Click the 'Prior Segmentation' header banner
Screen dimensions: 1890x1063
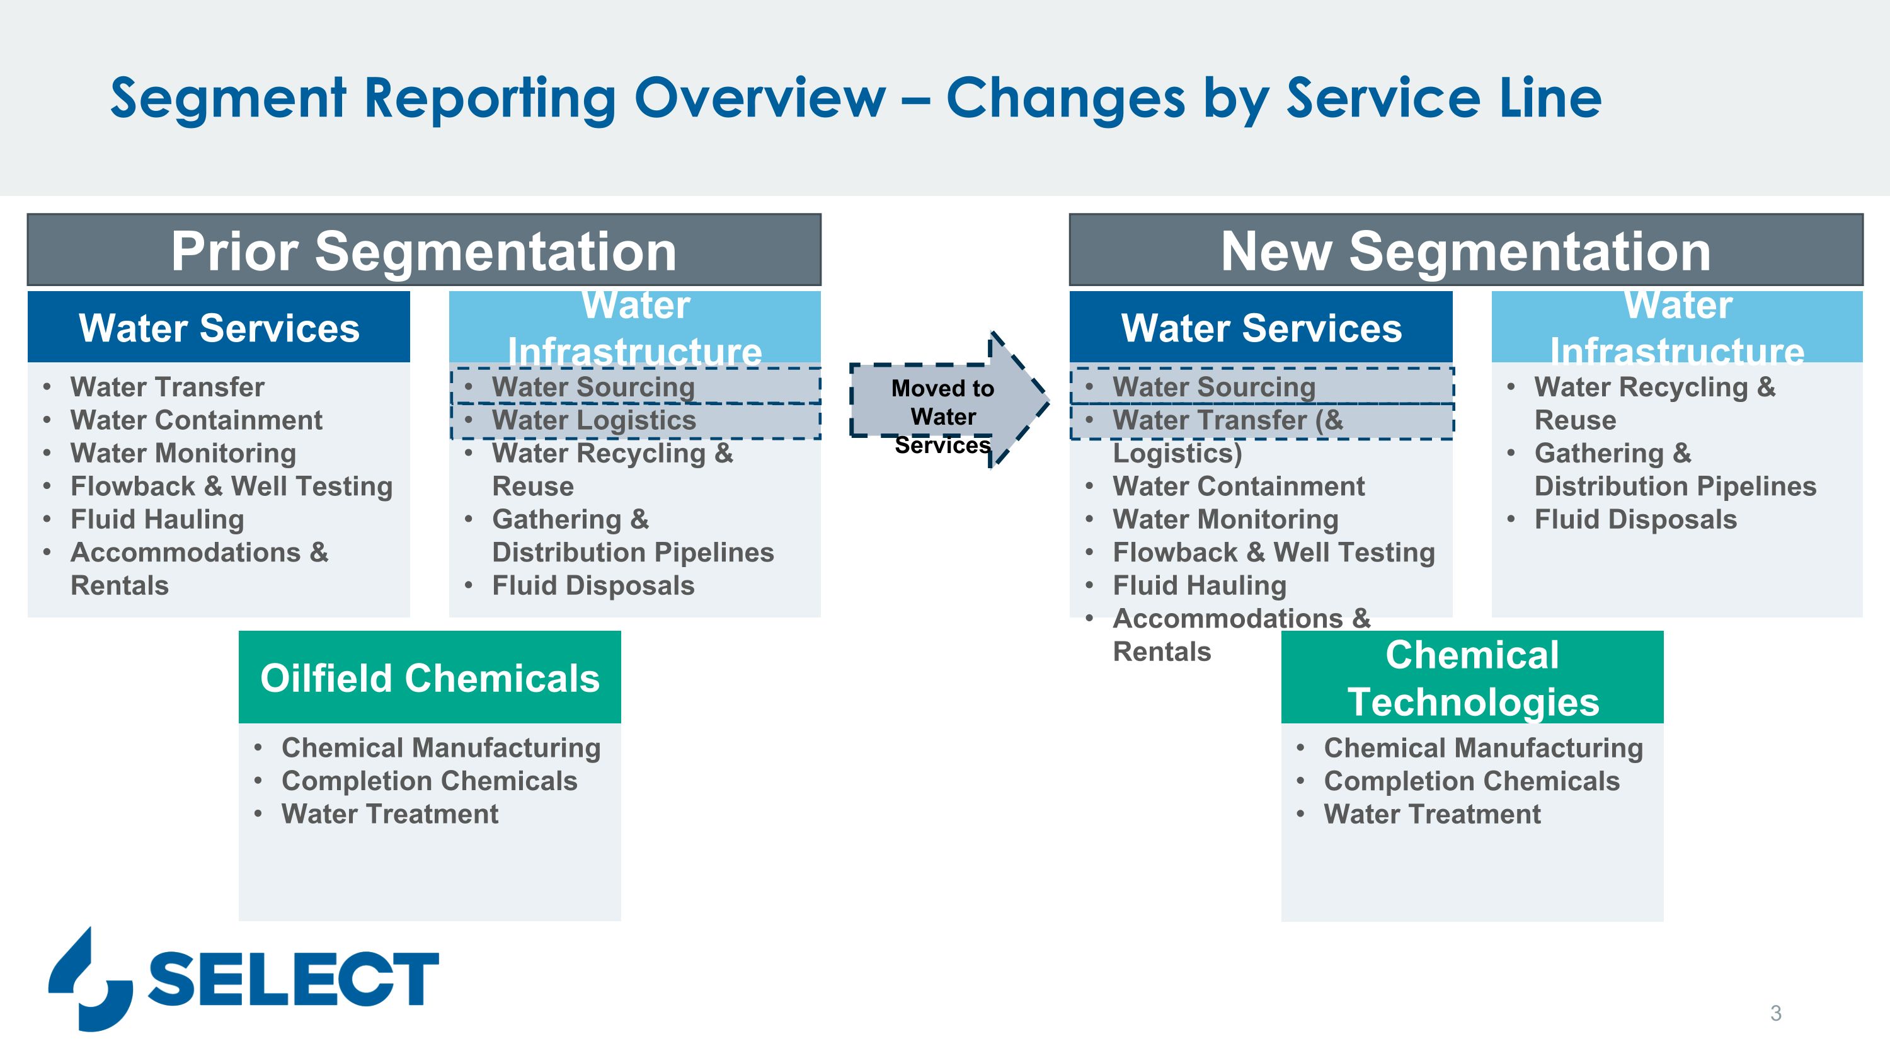tap(424, 250)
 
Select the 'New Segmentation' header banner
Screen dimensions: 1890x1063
tap(1466, 250)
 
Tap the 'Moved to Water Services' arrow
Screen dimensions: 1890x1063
tap(949, 401)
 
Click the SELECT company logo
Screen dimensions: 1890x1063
tap(244, 979)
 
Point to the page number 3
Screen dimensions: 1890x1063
tap(1775, 1013)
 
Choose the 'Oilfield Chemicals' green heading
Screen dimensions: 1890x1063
tap(430, 677)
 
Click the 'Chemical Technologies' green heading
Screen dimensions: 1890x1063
tap(1472, 677)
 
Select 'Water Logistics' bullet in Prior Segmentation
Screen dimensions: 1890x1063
tap(593, 420)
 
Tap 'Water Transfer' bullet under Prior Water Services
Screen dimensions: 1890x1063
tap(168, 387)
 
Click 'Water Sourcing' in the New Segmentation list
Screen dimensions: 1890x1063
tap(1214, 387)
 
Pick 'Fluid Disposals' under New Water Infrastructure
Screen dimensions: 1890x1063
tap(1635, 519)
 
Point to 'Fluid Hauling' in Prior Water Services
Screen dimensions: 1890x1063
tap(157, 519)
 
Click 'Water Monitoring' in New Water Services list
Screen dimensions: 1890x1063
tap(1225, 519)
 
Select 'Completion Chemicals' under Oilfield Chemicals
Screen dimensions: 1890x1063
tap(429, 781)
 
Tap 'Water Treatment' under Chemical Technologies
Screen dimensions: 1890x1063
tap(1432, 813)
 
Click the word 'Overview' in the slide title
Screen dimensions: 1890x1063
tap(760, 98)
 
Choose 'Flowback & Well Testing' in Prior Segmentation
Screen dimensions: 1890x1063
tap(232, 486)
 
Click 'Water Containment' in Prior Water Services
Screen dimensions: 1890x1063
tap(197, 420)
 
